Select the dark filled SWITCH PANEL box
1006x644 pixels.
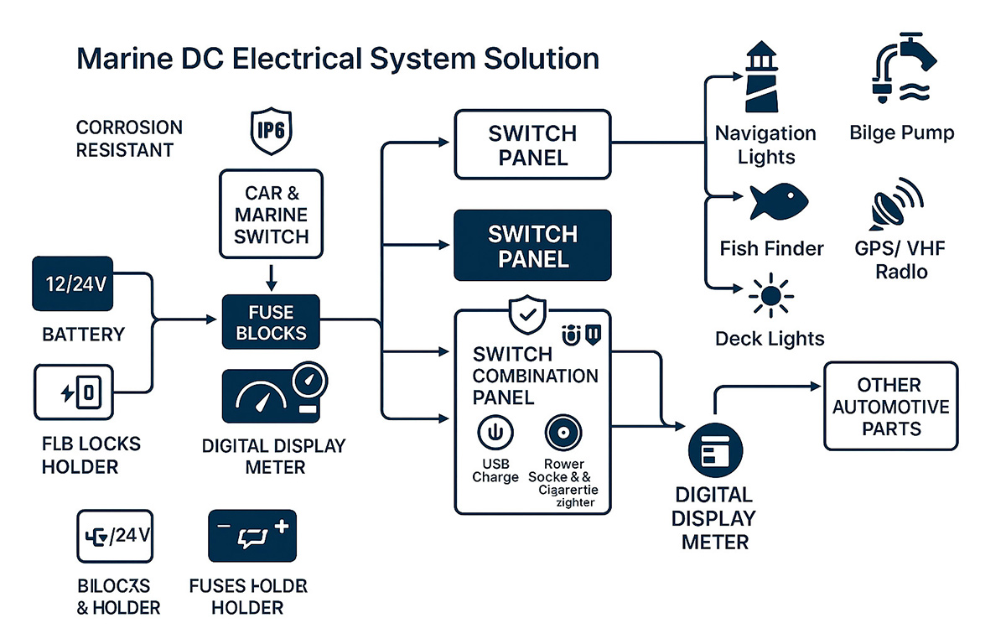532,245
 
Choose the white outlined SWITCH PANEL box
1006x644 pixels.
532,144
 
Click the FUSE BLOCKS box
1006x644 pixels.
271,323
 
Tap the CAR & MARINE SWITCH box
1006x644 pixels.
271,214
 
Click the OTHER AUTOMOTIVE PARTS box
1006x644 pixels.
890,407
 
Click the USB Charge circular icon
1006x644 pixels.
495,434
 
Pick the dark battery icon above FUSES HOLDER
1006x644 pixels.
254,537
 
